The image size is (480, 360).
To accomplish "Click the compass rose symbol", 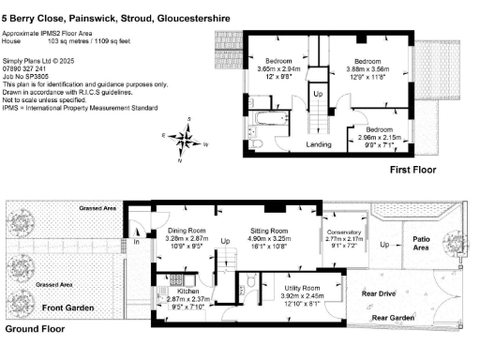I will (x=187, y=140).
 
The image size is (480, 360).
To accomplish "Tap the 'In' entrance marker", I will (x=135, y=243).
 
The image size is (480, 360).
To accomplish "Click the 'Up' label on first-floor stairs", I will (x=317, y=95).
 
